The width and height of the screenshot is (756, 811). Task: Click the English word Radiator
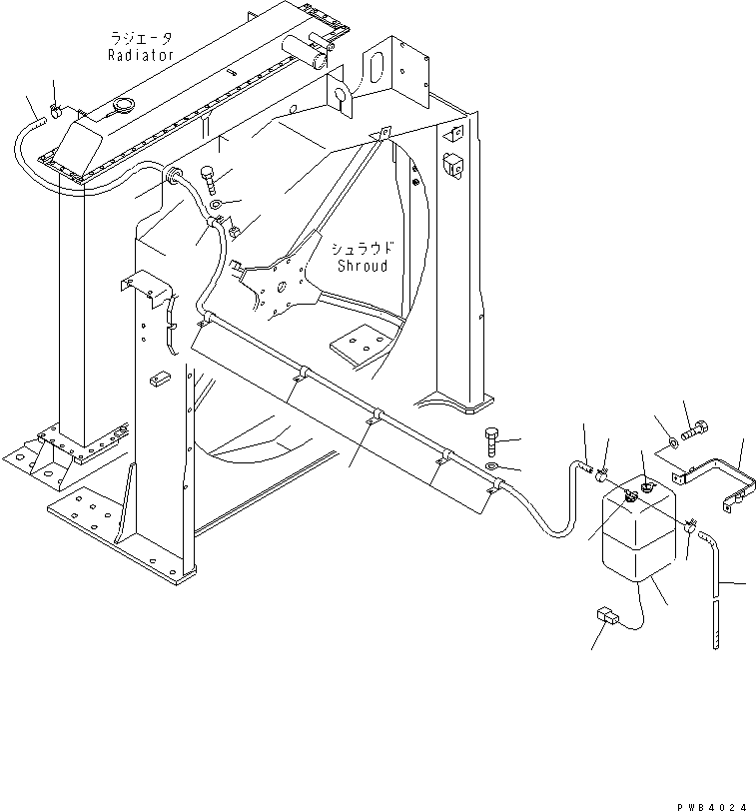[x=141, y=55]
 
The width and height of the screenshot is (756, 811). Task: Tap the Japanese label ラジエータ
[x=142, y=38]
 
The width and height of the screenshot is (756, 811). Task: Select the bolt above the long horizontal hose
[x=490, y=436]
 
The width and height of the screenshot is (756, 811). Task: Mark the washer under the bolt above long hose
[x=492, y=464]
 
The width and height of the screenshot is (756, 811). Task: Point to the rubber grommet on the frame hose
[x=177, y=177]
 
